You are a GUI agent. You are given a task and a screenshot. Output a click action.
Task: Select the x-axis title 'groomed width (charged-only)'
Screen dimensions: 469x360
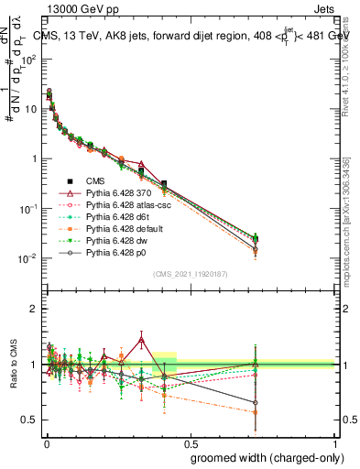262,458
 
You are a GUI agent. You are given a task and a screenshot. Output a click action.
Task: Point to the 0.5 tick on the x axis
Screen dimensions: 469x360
191,441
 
